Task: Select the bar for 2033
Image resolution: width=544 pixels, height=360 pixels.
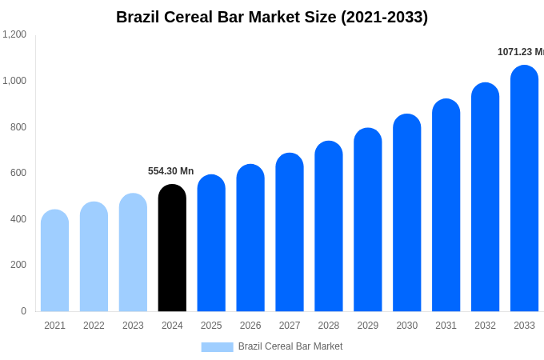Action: coord(524,189)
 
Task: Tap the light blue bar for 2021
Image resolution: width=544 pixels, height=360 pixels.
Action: coord(54,261)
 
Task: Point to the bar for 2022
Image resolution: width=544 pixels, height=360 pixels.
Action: coord(94,257)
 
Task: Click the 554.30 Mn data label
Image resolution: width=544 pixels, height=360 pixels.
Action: coord(170,171)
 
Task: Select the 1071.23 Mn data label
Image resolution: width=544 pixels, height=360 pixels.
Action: coord(520,52)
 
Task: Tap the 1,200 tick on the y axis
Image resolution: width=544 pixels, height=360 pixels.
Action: coord(14,34)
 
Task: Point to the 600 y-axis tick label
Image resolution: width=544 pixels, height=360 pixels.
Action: coord(18,173)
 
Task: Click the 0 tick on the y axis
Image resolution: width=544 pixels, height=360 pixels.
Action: coord(23,311)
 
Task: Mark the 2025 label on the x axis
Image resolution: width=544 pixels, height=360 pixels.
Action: coord(211,326)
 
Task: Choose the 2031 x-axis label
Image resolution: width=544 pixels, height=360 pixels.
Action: coord(446,326)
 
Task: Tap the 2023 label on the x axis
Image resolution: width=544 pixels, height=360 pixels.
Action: coord(133,326)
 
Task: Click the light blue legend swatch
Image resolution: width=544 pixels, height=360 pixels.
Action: coord(217,347)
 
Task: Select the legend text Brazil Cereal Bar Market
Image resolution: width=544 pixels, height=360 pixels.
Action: coord(290,346)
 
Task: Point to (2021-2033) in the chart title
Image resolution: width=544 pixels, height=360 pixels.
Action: coord(384,17)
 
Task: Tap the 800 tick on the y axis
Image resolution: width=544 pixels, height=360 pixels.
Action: coord(18,126)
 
